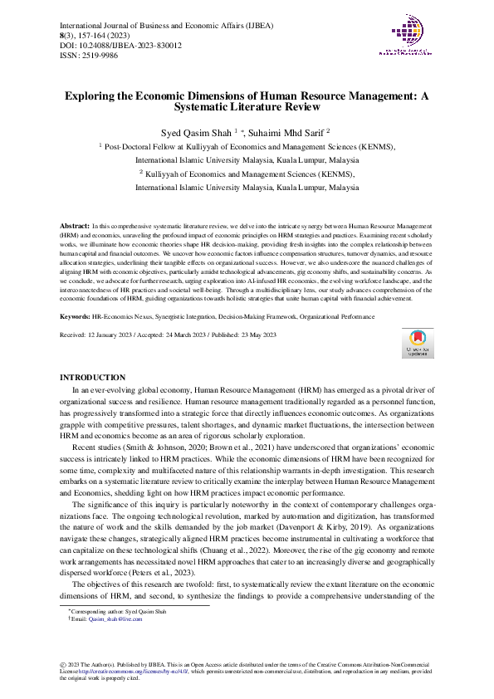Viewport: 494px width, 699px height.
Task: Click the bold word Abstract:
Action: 76,226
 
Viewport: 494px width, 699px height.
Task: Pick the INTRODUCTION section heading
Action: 94,377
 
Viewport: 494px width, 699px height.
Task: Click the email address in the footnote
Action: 113,620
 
